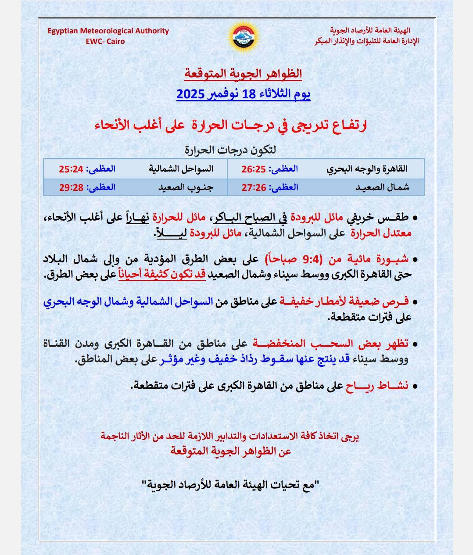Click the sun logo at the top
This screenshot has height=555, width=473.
(x=243, y=36)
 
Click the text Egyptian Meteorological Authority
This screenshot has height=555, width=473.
(x=108, y=31)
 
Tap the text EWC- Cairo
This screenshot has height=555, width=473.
(x=106, y=41)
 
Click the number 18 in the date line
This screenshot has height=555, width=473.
(x=248, y=93)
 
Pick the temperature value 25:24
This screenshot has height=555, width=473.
(x=71, y=168)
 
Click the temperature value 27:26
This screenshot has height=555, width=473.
(x=254, y=187)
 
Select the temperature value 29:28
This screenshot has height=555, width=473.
(x=71, y=187)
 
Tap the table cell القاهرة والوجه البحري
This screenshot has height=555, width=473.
(x=367, y=168)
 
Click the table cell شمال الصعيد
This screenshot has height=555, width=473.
(x=382, y=187)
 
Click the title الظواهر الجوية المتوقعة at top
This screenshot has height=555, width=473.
(x=243, y=73)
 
